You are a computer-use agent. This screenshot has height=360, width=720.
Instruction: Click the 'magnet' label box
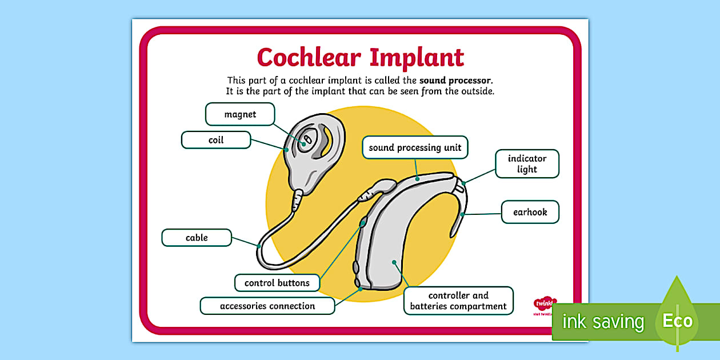tap(240, 114)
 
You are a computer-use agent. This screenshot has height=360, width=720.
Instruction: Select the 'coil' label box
tap(216, 140)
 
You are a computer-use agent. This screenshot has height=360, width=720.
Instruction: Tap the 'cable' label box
tap(197, 238)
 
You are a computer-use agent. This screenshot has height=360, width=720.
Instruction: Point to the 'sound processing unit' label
tap(415, 147)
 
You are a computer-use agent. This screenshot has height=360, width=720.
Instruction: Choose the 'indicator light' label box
tap(527, 164)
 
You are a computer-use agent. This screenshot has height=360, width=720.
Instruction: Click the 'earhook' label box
tap(530, 212)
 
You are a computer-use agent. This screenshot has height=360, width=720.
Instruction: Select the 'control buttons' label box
tap(277, 283)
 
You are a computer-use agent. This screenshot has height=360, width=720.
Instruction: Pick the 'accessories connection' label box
tap(267, 306)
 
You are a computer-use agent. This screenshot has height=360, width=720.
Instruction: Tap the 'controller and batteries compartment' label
tap(458, 301)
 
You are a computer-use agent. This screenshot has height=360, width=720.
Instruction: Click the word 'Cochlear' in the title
tap(309, 58)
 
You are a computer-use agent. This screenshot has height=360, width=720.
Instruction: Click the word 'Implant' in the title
tap(417, 58)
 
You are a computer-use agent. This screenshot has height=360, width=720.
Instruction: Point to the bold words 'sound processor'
tap(455, 81)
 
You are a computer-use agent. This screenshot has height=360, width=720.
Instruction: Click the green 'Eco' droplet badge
tap(677, 320)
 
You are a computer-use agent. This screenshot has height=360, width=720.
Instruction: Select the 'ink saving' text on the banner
tap(603, 322)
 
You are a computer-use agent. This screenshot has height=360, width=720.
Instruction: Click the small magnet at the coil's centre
tap(306, 139)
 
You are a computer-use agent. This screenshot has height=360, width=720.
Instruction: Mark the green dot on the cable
tap(259, 246)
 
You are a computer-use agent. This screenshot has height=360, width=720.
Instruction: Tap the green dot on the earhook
tap(461, 215)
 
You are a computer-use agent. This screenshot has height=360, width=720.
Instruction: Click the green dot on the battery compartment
tap(394, 262)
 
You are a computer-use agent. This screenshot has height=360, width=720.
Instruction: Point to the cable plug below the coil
tap(297, 199)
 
